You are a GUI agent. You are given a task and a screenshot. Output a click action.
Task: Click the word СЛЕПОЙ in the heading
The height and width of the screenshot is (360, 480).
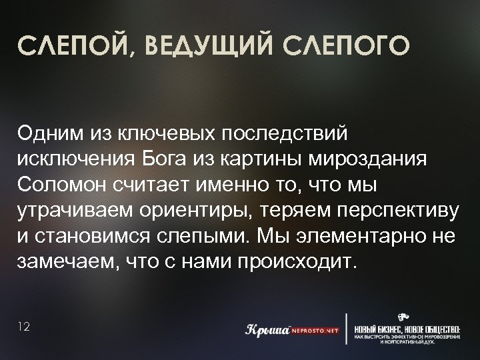[x=69, y=49]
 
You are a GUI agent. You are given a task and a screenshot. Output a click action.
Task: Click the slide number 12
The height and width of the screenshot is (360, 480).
[x=25, y=327]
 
